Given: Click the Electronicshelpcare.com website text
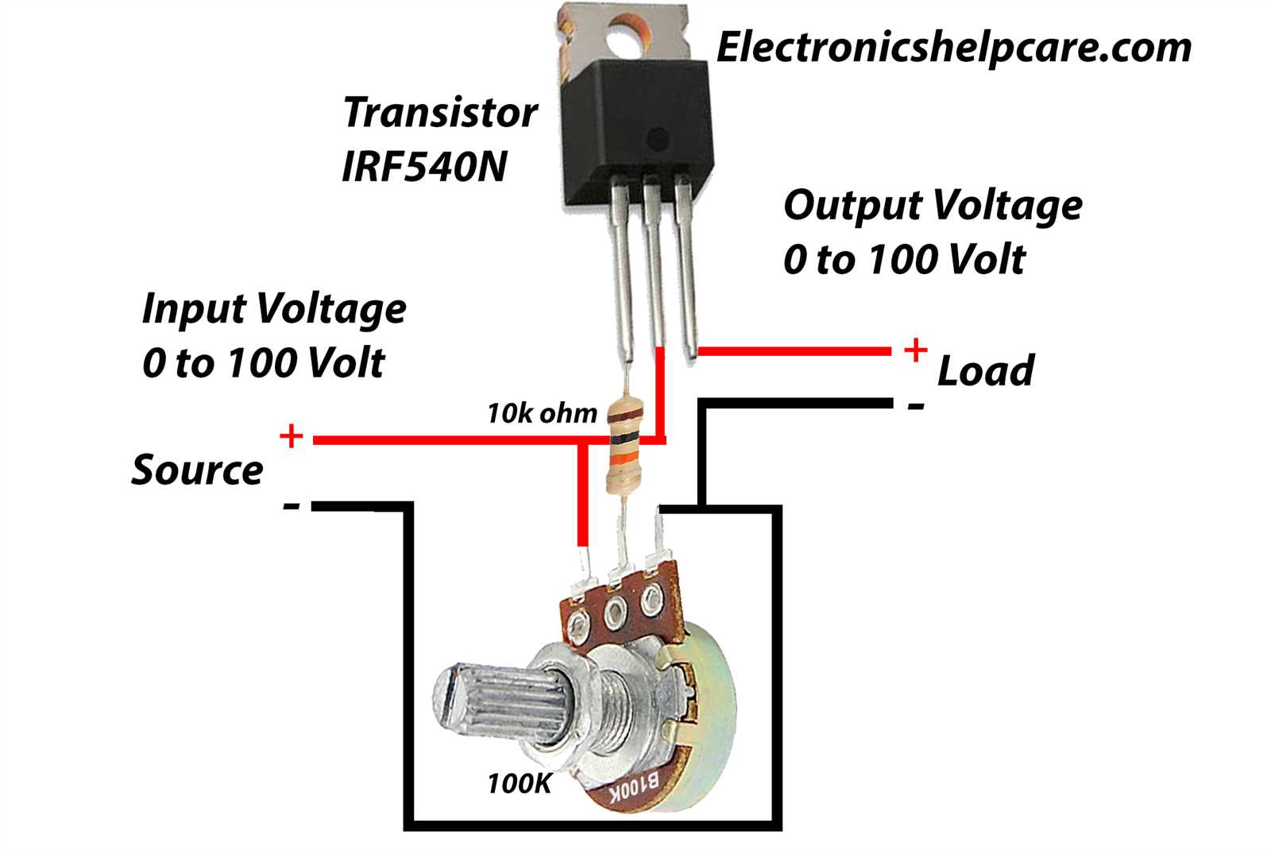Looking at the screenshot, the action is point(954,48).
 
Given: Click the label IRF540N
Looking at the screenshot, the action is point(424,167).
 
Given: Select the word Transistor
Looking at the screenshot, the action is point(440,112).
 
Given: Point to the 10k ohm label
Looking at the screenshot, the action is point(542,413).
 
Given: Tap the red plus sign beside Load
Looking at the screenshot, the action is point(915,350).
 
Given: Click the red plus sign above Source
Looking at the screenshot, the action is point(291,435).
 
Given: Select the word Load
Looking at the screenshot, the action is point(986,371).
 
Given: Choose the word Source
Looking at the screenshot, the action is point(197,470).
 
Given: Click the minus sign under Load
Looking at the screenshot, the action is point(916,405).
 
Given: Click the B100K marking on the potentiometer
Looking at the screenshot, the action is point(635,788).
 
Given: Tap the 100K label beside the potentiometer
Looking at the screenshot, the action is point(520,783).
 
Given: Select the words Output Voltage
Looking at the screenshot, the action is point(933,205).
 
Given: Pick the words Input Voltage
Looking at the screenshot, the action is point(274,308).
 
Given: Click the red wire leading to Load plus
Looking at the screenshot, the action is point(794,351).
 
